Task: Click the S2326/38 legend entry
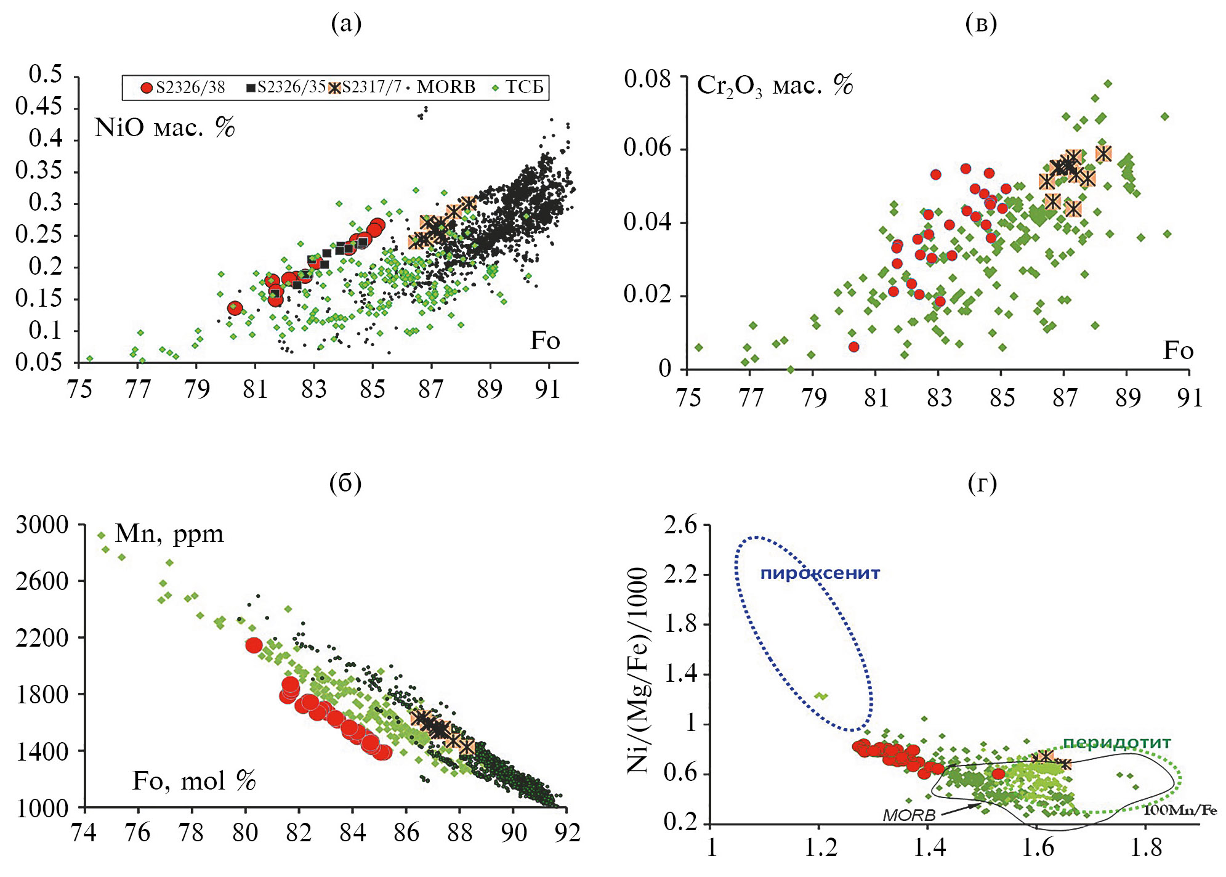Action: pyautogui.click(x=183, y=87)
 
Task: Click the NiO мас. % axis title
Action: pyautogui.click(x=164, y=127)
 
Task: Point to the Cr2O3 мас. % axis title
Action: pyautogui.click(x=775, y=86)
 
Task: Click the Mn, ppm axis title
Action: pyautogui.click(x=169, y=533)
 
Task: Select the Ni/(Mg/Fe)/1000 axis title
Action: pyautogui.click(x=638, y=670)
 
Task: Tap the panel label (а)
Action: pyautogui.click(x=346, y=23)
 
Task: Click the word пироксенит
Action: pyautogui.click(x=820, y=573)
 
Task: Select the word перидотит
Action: pyautogui.click(x=1116, y=743)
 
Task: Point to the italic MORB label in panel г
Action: pyautogui.click(x=909, y=815)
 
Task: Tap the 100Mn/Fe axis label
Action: pyautogui.click(x=1180, y=810)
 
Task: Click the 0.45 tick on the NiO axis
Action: pyautogui.click(x=39, y=107)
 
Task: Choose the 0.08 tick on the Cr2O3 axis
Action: pyautogui.click(x=647, y=79)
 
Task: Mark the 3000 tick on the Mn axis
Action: pyautogui.click(x=42, y=525)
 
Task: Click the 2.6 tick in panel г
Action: pyautogui.click(x=680, y=525)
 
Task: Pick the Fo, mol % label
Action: pyautogui.click(x=194, y=782)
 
